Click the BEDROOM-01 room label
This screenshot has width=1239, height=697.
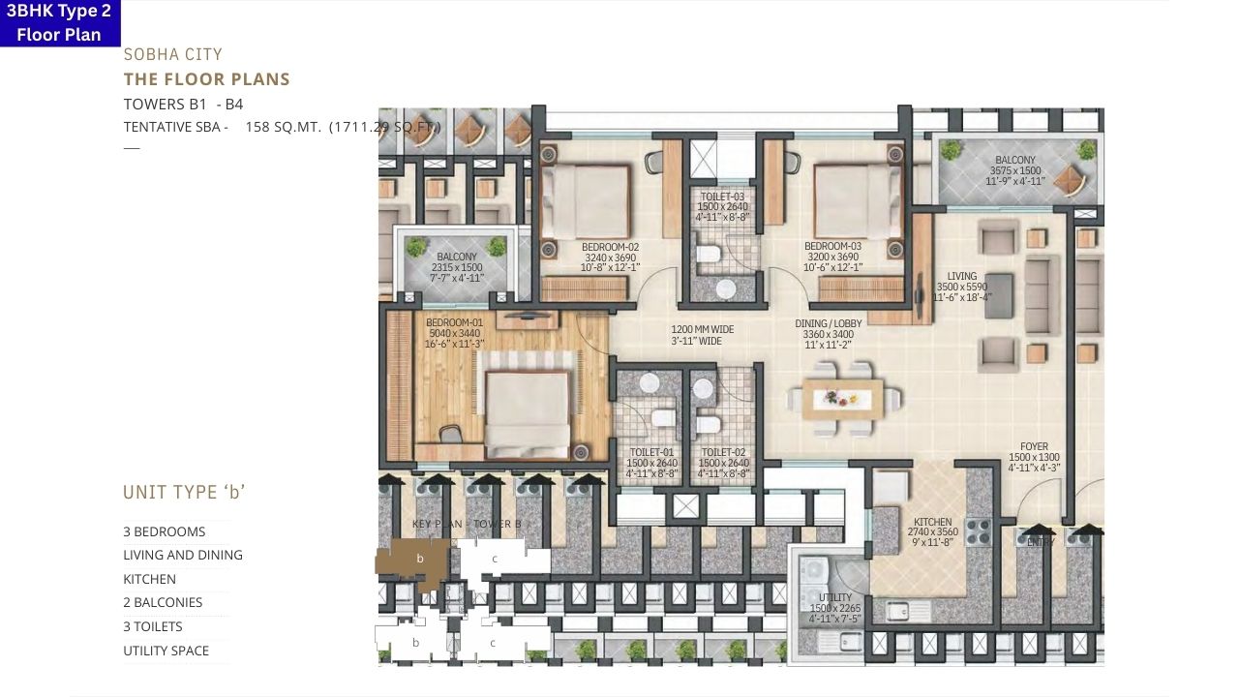click(453, 323)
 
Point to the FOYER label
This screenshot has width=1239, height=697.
click(1034, 447)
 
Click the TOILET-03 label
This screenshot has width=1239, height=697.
click(723, 196)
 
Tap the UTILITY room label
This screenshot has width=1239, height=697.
click(834, 597)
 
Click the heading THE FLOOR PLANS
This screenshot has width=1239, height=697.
click(206, 79)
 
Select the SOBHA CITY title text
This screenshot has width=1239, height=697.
click(172, 55)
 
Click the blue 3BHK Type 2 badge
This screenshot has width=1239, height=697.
click(59, 23)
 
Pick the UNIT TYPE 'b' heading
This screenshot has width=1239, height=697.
click(184, 492)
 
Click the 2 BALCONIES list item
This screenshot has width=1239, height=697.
click(163, 602)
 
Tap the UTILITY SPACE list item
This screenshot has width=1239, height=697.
click(166, 651)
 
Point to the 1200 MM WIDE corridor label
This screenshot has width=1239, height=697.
click(703, 329)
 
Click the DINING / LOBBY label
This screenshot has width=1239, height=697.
click(828, 323)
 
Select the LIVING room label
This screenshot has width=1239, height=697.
click(962, 277)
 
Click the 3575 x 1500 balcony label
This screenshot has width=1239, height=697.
click(1014, 170)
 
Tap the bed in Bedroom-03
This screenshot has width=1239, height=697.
click(859, 201)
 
